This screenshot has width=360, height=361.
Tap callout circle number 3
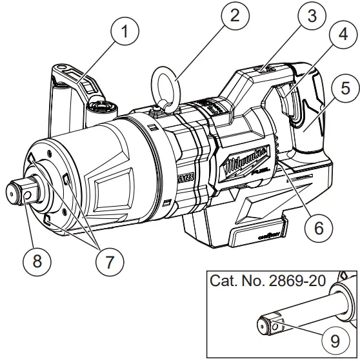coord(313,16)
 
